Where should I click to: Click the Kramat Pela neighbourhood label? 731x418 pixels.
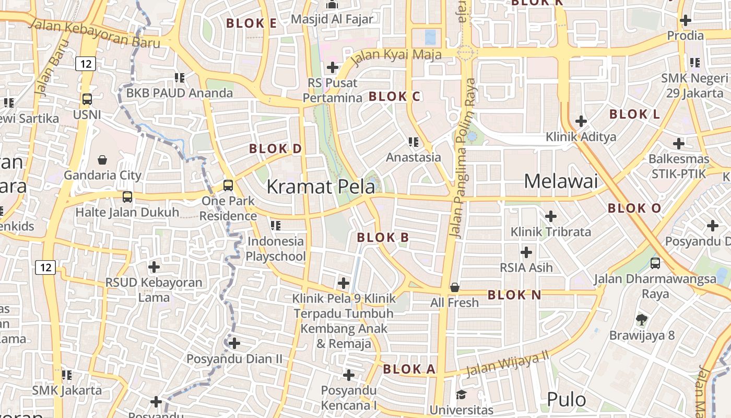coord(321,187)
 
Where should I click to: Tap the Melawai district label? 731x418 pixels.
coord(560,181)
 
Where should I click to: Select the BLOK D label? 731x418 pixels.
coord(275,149)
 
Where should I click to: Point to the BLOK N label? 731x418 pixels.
coord(514,295)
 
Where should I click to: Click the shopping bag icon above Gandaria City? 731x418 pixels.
coord(102,160)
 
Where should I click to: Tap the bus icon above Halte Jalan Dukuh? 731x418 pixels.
coord(127,197)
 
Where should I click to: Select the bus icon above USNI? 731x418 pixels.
coord(87,99)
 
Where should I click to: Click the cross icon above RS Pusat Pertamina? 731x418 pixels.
coord(332,67)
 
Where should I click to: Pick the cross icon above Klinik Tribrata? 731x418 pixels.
coord(550,216)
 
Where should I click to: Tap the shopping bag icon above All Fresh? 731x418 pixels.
coord(455,287)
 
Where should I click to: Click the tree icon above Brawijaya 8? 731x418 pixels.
coord(642,319)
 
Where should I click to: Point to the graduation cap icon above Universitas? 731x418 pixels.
coord(461,394)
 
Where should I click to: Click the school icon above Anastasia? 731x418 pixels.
coord(414,142)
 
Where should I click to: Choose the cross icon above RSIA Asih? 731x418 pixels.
coord(526,253)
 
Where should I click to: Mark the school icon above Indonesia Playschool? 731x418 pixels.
coord(276,226)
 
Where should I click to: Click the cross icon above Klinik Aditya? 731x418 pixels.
coord(581,122)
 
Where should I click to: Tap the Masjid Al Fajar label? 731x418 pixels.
coord(332,19)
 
